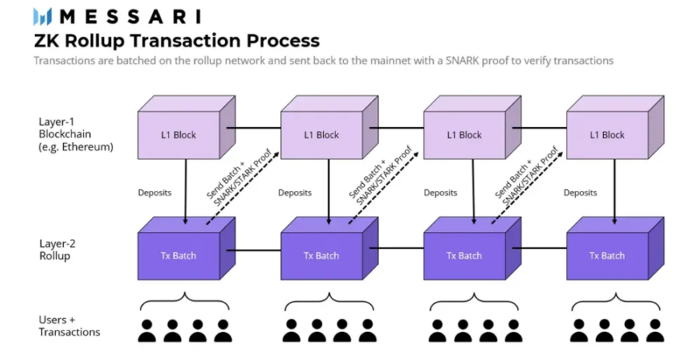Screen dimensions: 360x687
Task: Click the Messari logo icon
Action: (x=42, y=16)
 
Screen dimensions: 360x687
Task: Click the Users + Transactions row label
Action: (x=69, y=326)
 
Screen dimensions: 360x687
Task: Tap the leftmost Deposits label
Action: (x=154, y=192)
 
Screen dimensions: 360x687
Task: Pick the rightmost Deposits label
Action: (x=581, y=192)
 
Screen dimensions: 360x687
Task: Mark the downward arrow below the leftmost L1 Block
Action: (x=185, y=190)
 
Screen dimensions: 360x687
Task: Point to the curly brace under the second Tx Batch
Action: (x=328, y=300)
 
